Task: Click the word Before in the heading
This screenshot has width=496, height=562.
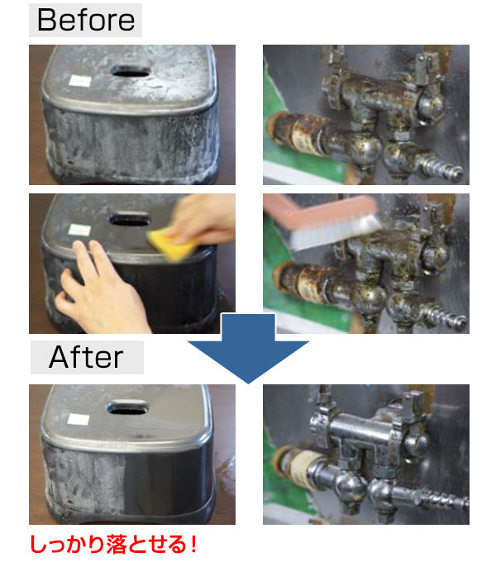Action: pos(86,20)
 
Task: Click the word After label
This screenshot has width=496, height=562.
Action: pos(86,357)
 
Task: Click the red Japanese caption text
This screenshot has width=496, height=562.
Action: pos(113,544)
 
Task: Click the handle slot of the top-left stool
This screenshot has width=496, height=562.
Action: pos(131,70)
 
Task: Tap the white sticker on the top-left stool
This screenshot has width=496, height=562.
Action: pos(79,81)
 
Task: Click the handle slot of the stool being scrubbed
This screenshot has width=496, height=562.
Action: pos(129,218)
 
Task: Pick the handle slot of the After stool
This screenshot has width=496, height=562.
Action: pos(127,407)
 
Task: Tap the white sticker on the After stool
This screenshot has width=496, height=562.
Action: pos(79,419)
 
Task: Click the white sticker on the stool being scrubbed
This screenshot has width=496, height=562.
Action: pos(79,230)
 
